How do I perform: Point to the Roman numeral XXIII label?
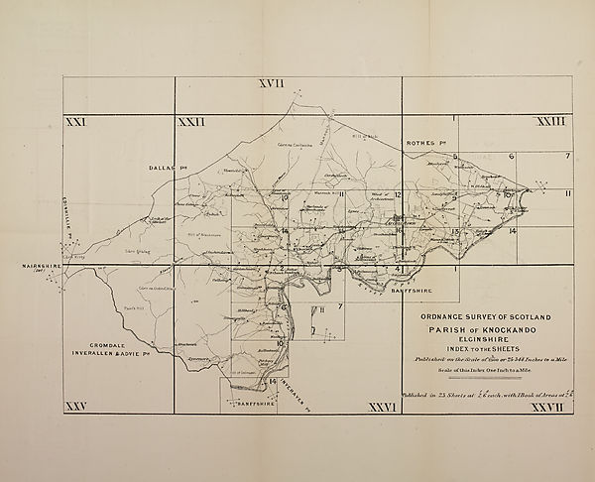coord(549,121)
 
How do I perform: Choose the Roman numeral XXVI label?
coord(381,407)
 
